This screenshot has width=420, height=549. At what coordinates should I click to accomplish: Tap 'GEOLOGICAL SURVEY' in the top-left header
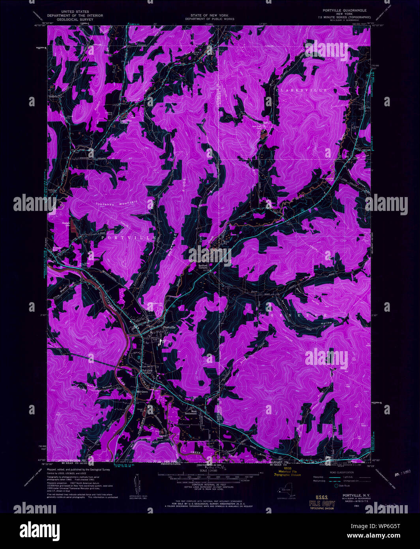tap(75, 19)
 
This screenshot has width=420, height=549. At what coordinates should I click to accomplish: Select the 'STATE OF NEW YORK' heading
tap(210, 15)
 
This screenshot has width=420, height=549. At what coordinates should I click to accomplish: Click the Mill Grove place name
tap(141, 392)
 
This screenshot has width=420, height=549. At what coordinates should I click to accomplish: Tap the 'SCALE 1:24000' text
tap(210, 471)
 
